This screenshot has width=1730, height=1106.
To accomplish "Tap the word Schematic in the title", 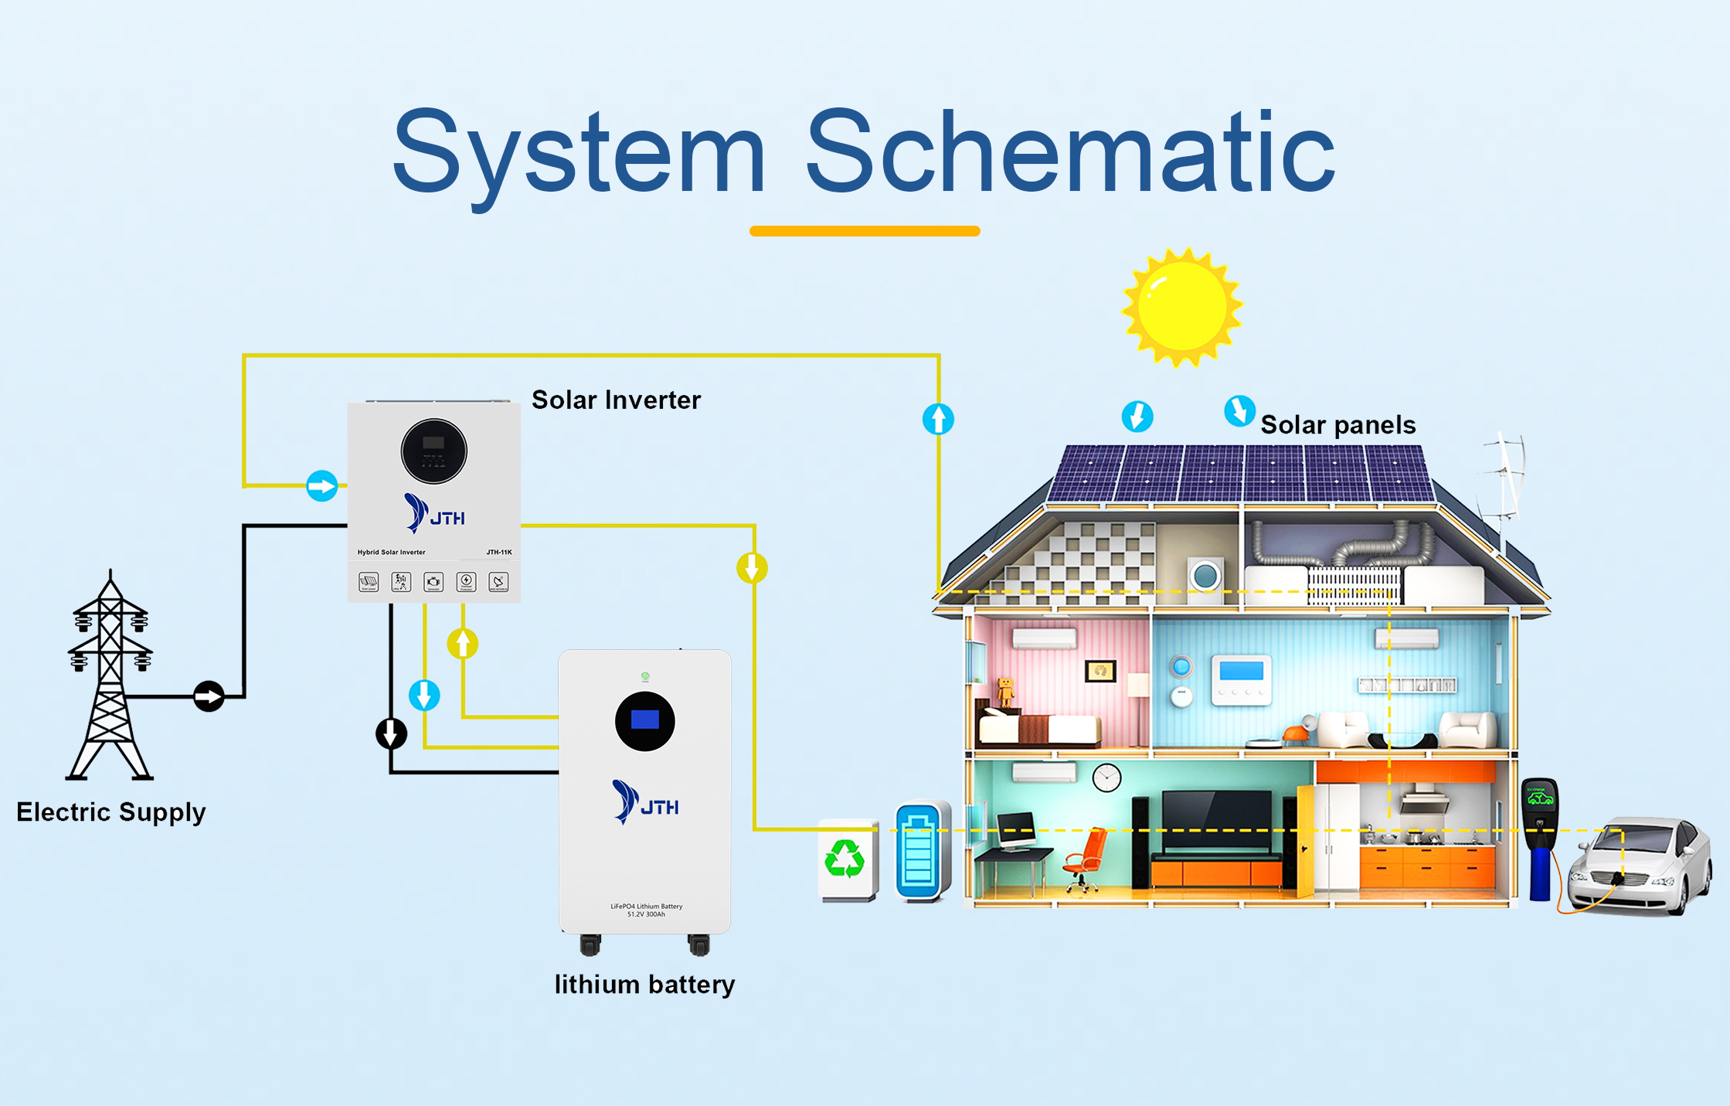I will [1070, 152].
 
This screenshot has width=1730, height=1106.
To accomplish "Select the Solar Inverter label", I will [616, 400].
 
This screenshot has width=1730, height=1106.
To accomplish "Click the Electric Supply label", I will [111, 812].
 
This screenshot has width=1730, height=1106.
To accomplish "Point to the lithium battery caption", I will [644, 985].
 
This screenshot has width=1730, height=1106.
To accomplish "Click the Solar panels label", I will [1337, 425].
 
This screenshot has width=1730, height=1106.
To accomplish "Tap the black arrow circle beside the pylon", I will [209, 696].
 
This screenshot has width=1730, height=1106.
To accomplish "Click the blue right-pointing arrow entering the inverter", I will [322, 486].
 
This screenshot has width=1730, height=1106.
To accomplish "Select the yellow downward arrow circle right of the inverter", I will [752, 568].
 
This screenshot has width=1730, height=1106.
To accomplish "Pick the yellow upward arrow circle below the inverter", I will [463, 643].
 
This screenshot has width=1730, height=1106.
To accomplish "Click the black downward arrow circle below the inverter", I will [392, 733].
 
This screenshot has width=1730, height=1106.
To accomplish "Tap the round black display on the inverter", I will [434, 451].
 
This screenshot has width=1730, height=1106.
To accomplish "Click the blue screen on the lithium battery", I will [645, 720].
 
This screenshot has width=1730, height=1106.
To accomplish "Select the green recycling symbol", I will [845, 859].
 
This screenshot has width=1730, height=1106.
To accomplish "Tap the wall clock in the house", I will [1106, 778].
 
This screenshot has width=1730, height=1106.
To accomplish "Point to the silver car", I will [1638, 866].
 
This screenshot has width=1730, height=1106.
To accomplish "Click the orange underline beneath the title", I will [865, 230].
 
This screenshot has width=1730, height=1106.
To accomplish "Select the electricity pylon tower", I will [110, 680].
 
